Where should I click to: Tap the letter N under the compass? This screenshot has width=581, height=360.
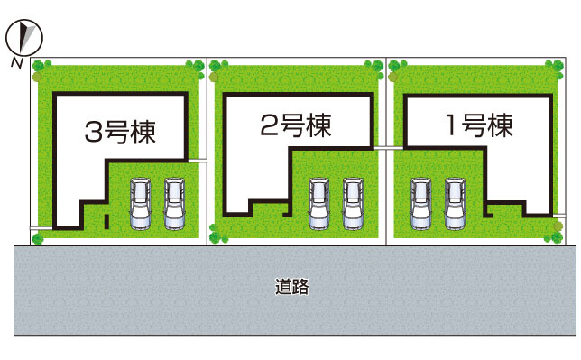point(15,62)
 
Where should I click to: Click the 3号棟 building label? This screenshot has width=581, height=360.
point(120,133)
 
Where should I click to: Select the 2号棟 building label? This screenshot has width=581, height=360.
point(296,125)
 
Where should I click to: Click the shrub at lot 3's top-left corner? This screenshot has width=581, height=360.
point(40,66)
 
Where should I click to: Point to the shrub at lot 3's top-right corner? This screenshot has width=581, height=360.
point(195,66)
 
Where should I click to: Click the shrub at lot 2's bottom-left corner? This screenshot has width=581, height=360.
point(217,235)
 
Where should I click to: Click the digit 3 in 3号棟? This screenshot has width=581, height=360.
point(92,134)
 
